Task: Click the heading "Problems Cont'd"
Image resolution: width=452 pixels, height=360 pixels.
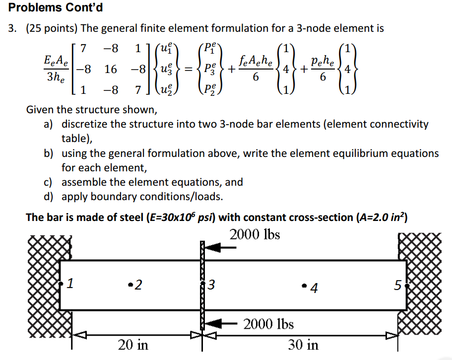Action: tap(56, 7)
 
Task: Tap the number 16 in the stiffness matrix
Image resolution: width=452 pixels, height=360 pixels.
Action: tap(111, 69)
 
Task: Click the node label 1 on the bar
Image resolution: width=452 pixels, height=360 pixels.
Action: tap(70, 283)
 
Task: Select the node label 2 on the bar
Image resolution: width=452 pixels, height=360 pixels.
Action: tap(138, 285)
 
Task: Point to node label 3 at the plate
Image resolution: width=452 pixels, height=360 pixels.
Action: tap(211, 285)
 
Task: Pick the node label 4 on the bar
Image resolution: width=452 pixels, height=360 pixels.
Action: tap(314, 288)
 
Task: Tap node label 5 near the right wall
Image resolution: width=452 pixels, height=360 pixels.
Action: tap(398, 285)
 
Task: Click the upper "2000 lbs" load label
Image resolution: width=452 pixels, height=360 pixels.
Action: tap(255, 234)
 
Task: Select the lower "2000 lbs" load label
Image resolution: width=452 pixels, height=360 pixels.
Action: tap(268, 324)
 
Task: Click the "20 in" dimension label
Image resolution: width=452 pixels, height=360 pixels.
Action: tap(133, 345)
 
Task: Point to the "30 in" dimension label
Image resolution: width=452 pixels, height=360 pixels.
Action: tap(303, 345)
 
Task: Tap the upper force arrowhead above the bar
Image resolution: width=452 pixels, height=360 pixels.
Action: tap(213, 247)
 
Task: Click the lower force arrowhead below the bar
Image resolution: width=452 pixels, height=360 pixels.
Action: tap(213, 324)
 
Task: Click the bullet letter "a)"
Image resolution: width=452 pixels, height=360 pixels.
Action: tap(49, 124)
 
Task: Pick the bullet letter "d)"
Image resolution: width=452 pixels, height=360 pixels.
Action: tap(49, 197)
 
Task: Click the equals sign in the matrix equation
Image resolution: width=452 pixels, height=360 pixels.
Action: tap(188, 70)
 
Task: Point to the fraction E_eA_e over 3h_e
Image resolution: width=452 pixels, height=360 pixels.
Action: tap(56, 69)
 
